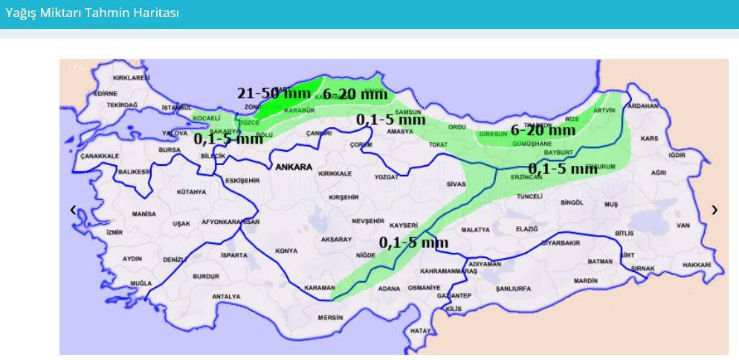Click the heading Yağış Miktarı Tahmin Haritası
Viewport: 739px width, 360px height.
[92, 13]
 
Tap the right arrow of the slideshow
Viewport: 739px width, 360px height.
[714, 210]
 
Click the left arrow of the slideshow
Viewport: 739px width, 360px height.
[73, 210]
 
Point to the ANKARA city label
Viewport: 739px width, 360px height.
[294, 167]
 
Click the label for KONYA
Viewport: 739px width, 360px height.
[286, 251]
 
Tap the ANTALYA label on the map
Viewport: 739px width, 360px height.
[226, 296]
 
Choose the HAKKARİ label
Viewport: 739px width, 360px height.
[697, 265]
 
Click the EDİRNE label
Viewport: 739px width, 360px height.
[106, 94]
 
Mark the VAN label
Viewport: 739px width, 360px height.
[683, 225]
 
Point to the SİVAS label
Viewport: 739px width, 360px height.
[456, 183]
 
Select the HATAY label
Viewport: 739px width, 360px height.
[421, 330]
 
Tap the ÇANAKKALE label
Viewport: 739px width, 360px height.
[100, 156]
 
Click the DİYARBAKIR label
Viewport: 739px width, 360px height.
[560, 243]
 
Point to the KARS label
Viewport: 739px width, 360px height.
[650, 138]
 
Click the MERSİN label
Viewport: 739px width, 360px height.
[330, 318]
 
